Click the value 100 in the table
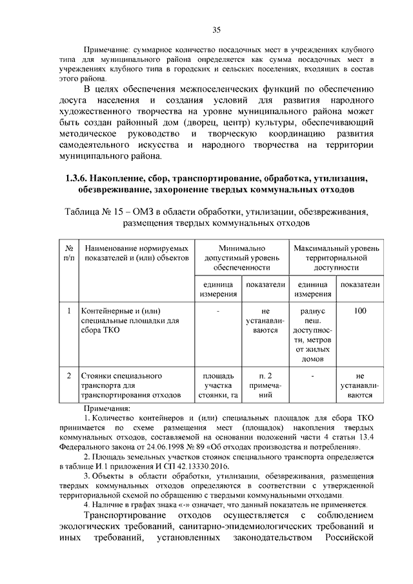pyautogui.click(x=360, y=312)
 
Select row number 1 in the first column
pyautogui.click(x=69, y=312)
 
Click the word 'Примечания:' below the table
pyautogui.click(x=107, y=408)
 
